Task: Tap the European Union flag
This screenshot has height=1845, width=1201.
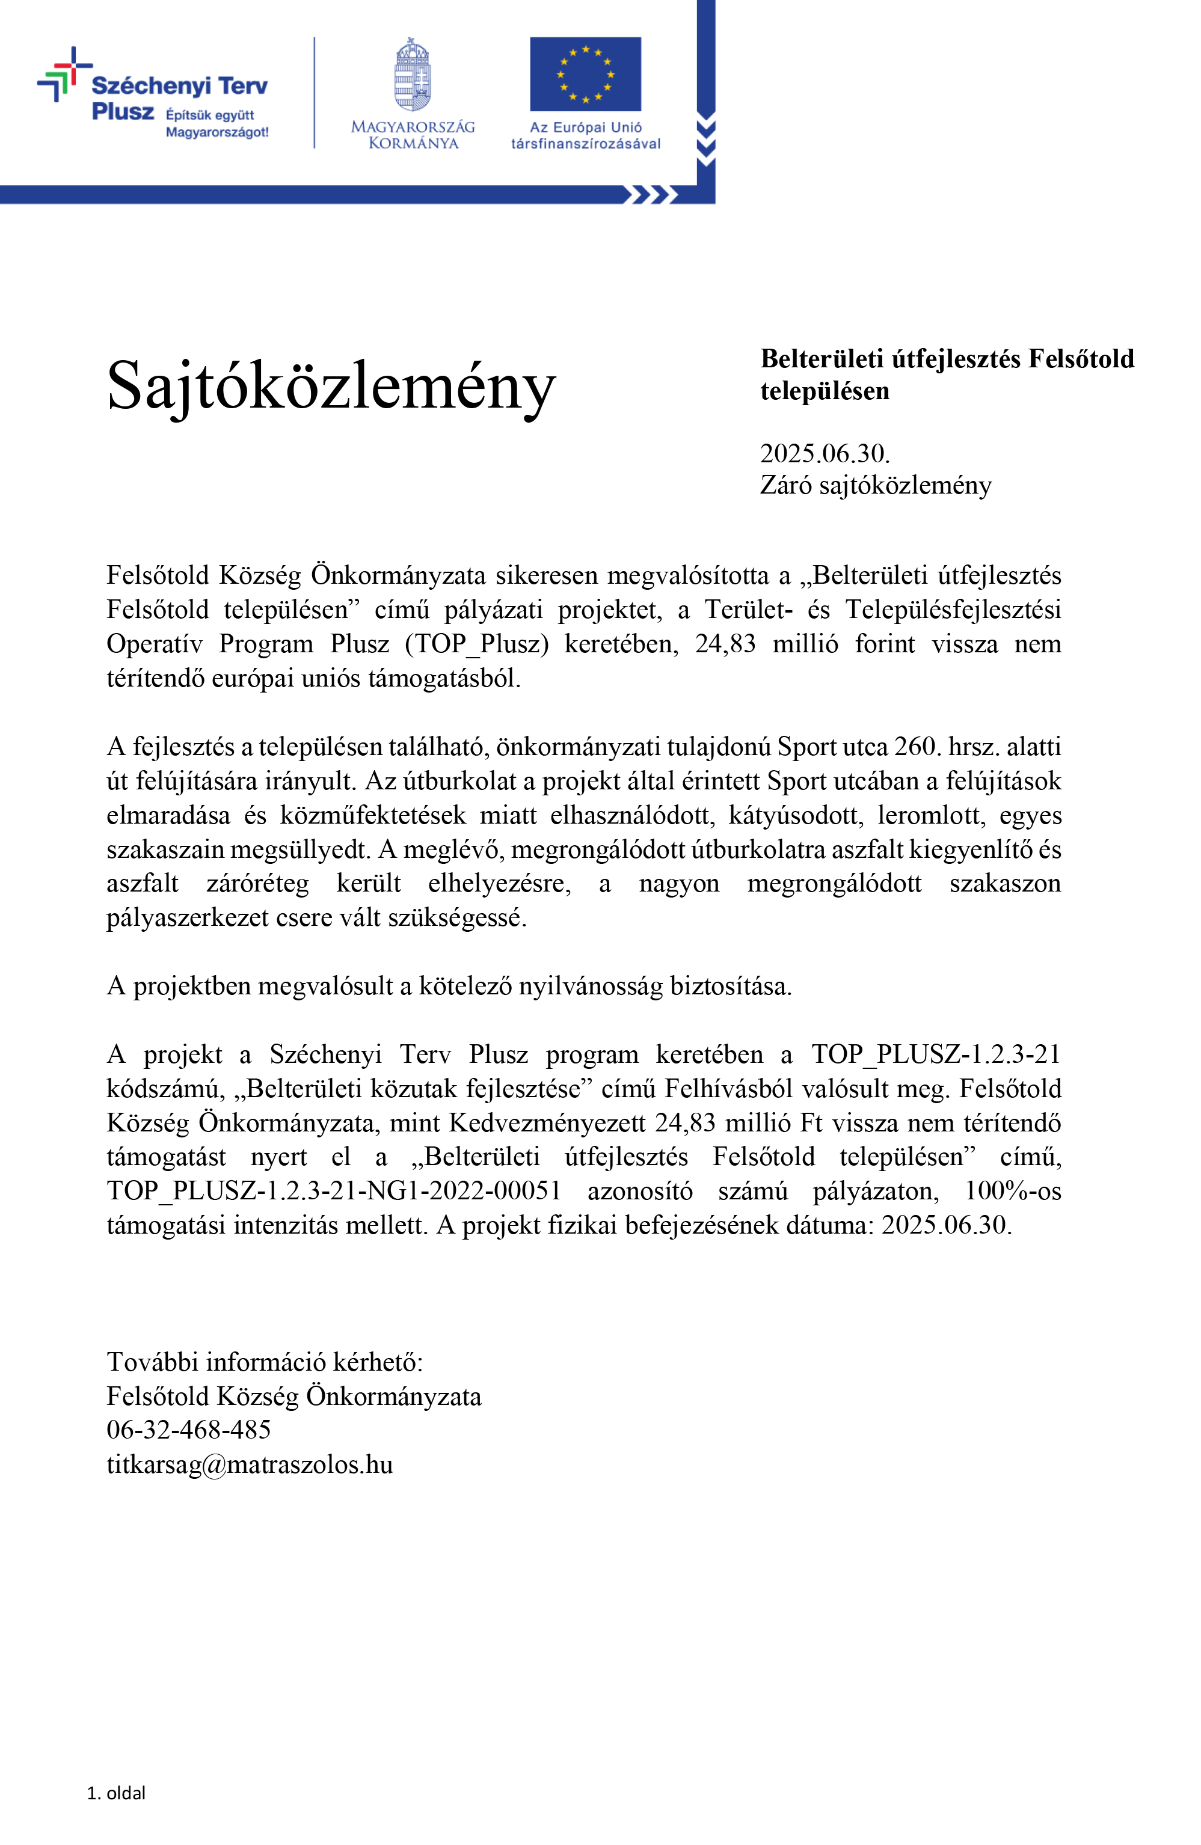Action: tap(585, 75)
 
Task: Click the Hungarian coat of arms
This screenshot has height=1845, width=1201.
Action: tap(413, 75)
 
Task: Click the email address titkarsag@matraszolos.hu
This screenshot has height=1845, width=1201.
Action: tap(250, 1464)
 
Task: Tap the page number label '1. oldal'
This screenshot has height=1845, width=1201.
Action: tap(116, 1792)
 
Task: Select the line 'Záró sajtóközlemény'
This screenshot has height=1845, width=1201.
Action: tap(876, 485)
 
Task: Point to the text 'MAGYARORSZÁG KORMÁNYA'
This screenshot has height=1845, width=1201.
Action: tap(413, 135)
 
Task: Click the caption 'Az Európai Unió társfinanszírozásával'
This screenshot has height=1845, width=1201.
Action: tap(585, 135)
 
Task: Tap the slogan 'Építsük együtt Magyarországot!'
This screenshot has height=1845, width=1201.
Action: tap(217, 123)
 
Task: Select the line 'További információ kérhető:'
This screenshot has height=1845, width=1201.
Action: tap(265, 1361)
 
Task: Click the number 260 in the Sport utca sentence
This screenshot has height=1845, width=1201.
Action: tap(914, 747)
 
